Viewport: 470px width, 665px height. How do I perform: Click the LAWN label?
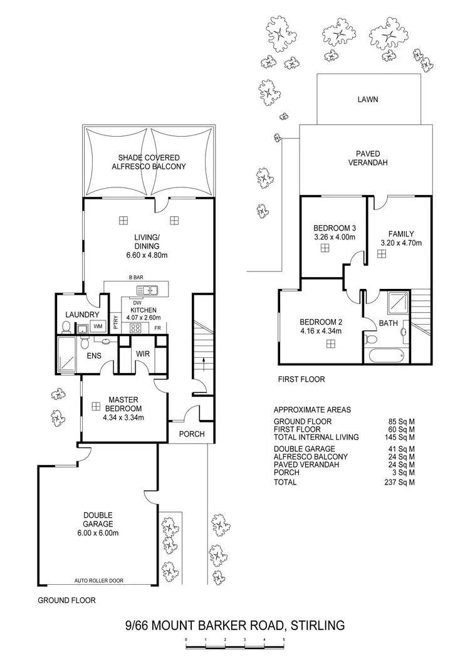(367, 99)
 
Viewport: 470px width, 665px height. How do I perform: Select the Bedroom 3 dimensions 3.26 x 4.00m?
(335, 238)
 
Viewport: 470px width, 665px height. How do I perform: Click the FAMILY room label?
(401, 234)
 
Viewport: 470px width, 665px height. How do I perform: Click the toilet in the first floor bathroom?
(370, 340)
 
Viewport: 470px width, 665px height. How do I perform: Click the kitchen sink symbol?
(149, 290)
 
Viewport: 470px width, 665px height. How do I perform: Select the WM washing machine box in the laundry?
(98, 327)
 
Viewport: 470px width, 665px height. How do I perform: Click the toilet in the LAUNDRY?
(66, 326)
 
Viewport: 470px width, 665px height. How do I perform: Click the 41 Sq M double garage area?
(403, 449)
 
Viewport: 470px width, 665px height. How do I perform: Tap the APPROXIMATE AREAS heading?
(312, 409)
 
